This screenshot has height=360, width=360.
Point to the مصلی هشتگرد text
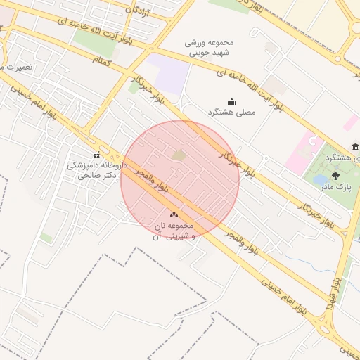tap(231, 112)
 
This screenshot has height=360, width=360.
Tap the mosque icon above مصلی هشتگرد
tap(231, 101)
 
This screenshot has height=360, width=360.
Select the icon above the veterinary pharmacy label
tap(96, 155)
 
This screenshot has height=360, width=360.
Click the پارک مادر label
tap(335, 188)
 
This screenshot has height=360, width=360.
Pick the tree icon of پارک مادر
tap(335, 176)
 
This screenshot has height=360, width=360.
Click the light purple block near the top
tap(166, 75)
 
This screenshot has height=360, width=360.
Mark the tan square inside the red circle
tap(179, 155)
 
